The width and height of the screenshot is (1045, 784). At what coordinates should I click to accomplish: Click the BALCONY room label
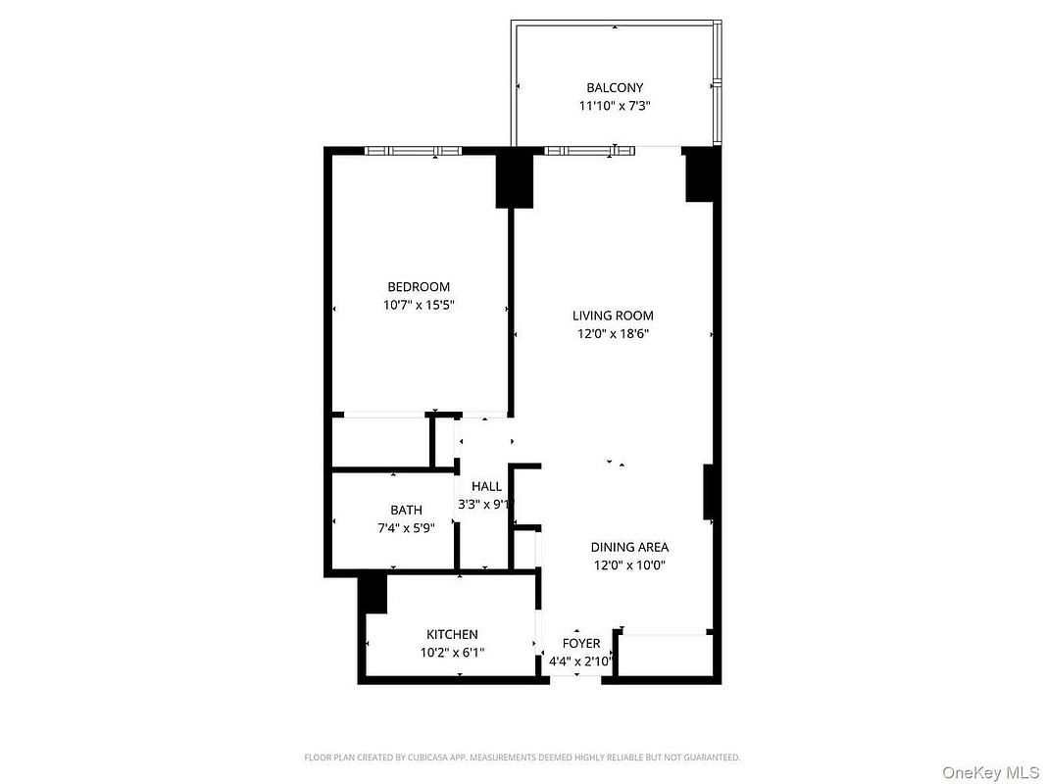pyautogui.click(x=615, y=87)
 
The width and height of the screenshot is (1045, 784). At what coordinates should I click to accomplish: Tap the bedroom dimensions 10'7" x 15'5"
pyautogui.click(x=419, y=305)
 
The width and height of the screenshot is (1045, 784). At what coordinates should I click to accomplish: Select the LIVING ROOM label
pyautogui.click(x=613, y=316)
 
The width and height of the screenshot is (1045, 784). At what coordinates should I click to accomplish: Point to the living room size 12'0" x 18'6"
pyautogui.click(x=613, y=334)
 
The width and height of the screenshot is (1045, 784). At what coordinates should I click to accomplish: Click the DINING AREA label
pyautogui.click(x=629, y=547)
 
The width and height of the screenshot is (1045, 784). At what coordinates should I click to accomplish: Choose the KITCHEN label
pyautogui.click(x=452, y=634)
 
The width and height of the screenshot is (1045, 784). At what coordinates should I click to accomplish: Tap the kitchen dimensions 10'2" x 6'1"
pyautogui.click(x=452, y=652)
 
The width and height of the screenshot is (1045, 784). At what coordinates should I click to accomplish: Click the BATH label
pyautogui.click(x=406, y=510)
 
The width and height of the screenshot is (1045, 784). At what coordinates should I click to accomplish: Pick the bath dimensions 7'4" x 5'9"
pyautogui.click(x=406, y=528)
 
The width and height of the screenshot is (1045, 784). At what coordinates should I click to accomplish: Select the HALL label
pyautogui.click(x=486, y=486)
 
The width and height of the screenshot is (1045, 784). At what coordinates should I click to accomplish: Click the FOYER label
pyautogui.click(x=581, y=644)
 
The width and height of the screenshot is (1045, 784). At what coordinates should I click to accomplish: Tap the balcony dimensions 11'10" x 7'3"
pyautogui.click(x=615, y=105)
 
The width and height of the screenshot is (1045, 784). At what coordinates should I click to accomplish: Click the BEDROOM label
pyautogui.click(x=419, y=287)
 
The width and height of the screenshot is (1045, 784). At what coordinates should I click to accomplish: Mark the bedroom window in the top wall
pyautogui.click(x=414, y=151)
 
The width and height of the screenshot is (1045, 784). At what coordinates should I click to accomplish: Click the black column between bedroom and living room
pyautogui.click(x=515, y=180)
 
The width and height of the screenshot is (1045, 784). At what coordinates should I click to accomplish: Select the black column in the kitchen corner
pyautogui.click(x=373, y=594)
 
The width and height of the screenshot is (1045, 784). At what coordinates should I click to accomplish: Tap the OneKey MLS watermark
pyautogui.click(x=990, y=772)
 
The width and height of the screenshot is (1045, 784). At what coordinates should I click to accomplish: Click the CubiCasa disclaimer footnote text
pyautogui.click(x=522, y=758)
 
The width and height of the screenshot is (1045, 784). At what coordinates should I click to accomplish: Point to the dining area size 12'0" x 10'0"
pyautogui.click(x=629, y=565)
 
